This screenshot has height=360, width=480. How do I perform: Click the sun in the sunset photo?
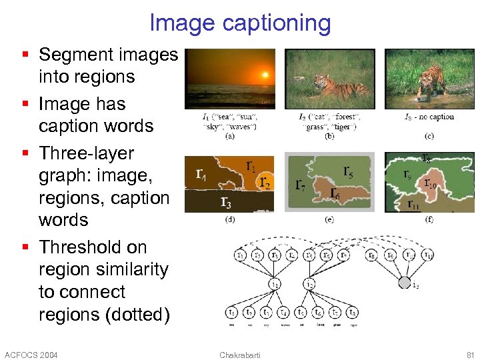click(265, 75)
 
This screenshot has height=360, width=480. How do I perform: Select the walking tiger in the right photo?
click(431, 81)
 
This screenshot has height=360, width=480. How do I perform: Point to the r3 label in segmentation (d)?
click(227, 201)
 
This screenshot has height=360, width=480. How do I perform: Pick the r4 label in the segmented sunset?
click(200, 175)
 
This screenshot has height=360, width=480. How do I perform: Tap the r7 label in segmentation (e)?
click(301, 184)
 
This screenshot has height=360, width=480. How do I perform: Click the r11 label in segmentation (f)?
click(414, 204)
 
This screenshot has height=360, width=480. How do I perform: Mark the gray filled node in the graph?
click(404, 283)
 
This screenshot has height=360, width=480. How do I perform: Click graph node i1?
click(274, 284)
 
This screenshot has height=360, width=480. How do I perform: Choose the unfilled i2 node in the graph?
click(309, 284)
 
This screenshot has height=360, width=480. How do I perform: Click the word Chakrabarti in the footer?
click(240, 354)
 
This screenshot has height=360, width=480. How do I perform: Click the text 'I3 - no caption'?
click(430, 117)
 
